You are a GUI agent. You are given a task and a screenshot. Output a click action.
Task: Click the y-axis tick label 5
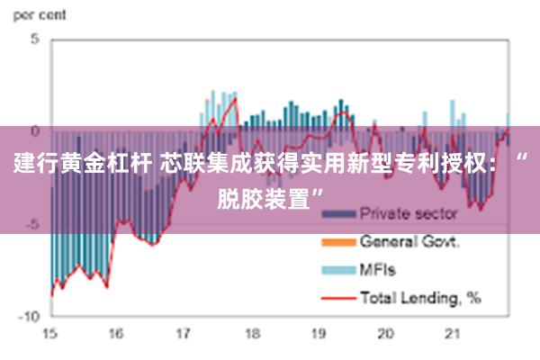coord(35,40)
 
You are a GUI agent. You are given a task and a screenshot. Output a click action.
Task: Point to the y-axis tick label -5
coord(32,224)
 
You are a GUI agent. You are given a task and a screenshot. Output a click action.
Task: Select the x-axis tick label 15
coord(49,334)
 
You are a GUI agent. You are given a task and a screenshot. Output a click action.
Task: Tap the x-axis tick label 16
coord(116,334)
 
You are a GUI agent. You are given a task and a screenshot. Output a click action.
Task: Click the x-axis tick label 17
coord(184,334)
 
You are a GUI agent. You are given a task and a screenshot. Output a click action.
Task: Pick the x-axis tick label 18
coord(250,334)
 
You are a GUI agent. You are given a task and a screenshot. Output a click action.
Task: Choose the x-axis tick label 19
coord(318,334)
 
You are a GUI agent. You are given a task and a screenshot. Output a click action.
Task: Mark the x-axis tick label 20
coord(385,334)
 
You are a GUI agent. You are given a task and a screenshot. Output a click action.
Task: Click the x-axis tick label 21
coord(452,334)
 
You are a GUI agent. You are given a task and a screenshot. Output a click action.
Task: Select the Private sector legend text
coord(409,214)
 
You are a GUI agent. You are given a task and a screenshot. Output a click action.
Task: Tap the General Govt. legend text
coord(410,241)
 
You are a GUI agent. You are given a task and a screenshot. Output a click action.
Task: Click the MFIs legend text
coord(378,269)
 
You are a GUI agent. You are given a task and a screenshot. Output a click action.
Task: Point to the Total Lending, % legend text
coord(420,296)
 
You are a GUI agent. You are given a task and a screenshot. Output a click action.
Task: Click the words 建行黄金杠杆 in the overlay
coord(83,165)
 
